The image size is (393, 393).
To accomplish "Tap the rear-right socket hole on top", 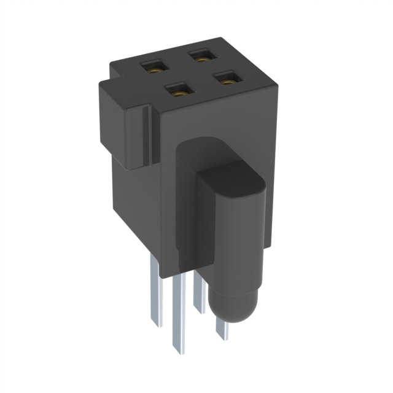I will pyautogui.click(x=200, y=57).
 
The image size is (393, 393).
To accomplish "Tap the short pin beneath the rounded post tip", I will pyautogui.click(x=221, y=329).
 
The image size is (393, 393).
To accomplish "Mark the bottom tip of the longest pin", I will pyautogui.click(x=181, y=352).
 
